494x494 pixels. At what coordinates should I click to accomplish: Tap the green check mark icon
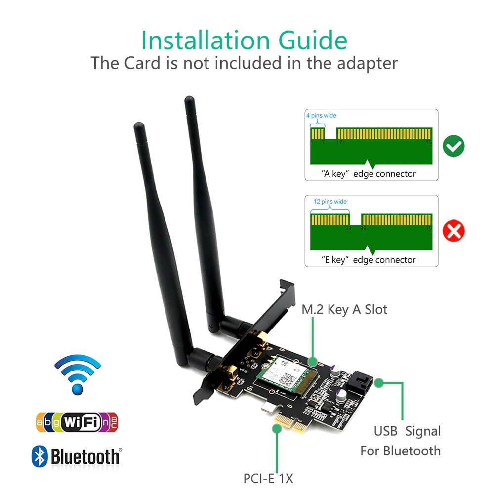pyautogui.click(x=453, y=146)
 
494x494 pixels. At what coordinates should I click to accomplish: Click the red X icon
pyautogui.click(x=453, y=231)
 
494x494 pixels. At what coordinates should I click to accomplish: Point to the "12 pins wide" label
pyautogui.click(x=330, y=202)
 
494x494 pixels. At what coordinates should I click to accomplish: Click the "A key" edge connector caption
pyautogui.click(x=368, y=174)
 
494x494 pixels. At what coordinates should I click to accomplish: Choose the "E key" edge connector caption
pyautogui.click(x=368, y=260)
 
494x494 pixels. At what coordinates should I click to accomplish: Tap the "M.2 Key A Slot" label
pyautogui.click(x=344, y=310)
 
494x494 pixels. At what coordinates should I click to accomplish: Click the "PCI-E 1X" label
pyautogui.click(x=268, y=478)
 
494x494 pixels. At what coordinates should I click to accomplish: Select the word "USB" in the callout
pyautogui.click(x=385, y=431)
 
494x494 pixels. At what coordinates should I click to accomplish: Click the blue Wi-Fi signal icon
pyautogui.click(x=77, y=374)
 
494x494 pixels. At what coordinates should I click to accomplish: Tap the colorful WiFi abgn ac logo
pyautogui.click(x=77, y=422)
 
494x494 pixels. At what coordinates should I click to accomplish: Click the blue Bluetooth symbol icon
pyautogui.click(x=40, y=456)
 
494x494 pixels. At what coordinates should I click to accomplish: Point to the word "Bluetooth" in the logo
pyautogui.click(x=85, y=456)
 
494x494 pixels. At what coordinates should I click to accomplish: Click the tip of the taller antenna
pyautogui.click(x=189, y=100)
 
